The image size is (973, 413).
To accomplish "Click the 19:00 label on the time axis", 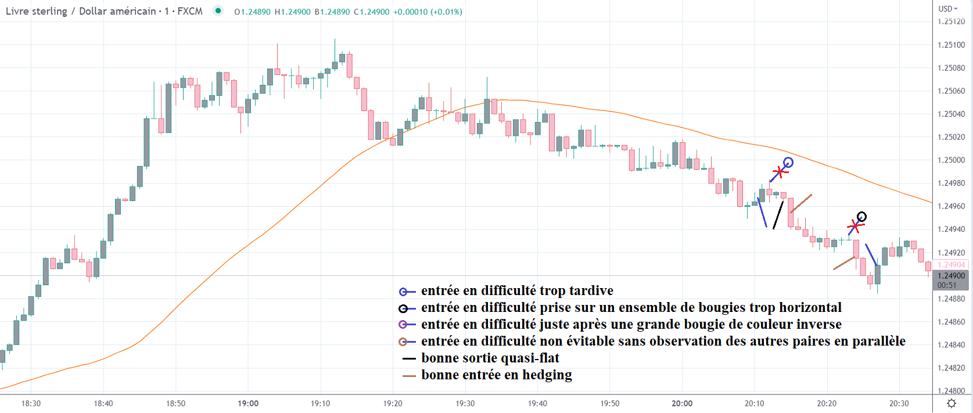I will coord(248,403).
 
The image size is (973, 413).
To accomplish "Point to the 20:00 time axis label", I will coord(682,403).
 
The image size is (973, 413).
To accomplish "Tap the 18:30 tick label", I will coord(31,403).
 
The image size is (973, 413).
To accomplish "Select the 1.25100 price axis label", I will coord(951,45).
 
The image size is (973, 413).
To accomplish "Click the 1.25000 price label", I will coord(951,160).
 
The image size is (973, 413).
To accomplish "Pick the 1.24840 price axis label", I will coord(951,345).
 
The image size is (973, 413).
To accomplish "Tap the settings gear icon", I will coord(952,403).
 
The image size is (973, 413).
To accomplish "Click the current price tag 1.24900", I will coord(951,276).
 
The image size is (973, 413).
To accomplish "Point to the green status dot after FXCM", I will coord(218,10).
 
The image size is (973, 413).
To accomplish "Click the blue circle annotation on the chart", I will coord(788,163).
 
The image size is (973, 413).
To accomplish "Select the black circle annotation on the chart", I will coord(861,217).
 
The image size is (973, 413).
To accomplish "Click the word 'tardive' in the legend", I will coord(591,291).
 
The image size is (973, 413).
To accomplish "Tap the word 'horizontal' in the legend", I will coord(810,308).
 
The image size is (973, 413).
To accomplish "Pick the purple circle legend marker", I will coord(403,325).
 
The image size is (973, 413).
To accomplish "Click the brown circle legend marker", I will coord(403,342).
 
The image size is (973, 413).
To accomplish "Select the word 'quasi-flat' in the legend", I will coord(530,358).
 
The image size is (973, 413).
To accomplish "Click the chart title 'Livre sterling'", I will coord(36,11).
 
